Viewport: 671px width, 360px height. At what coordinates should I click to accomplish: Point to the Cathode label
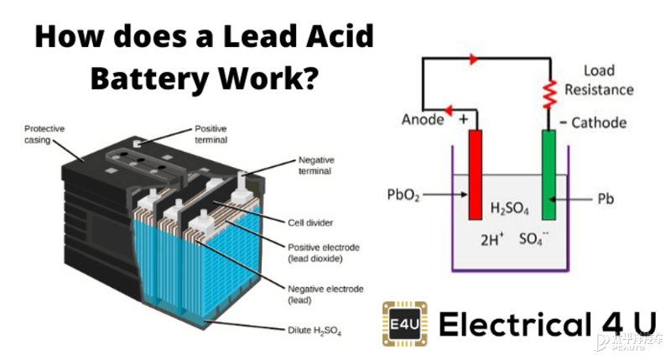click(599, 123)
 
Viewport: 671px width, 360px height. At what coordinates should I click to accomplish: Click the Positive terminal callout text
click(211, 134)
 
